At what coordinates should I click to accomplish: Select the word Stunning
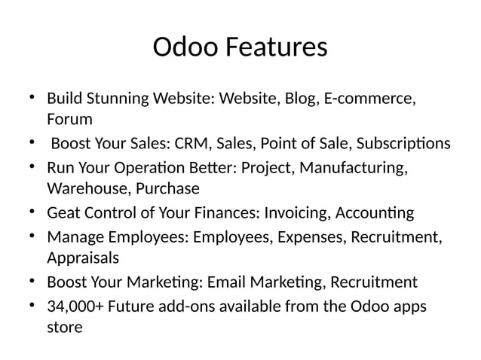click(x=116, y=99)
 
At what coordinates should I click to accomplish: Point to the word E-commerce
click(x=369, y=99)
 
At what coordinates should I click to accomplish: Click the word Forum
click(x=69, y=119)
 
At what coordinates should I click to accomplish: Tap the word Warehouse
click(x=83, y=187)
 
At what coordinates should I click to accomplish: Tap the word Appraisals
click(x=83, y=258)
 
